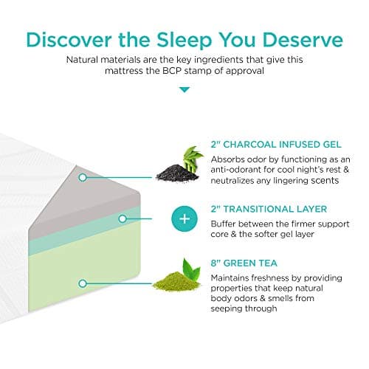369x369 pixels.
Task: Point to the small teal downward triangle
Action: click(x=184, y=90)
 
